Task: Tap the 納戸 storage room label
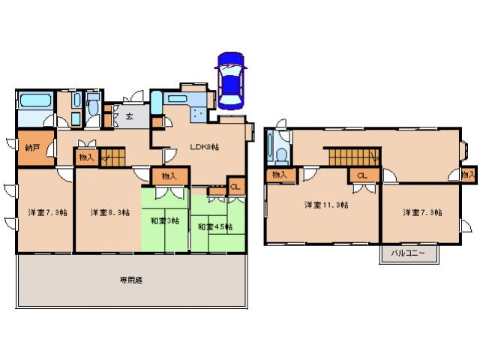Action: point(31,147)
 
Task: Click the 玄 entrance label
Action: point(129,115)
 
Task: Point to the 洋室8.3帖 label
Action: point(106,213)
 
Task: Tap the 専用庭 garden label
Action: point(130,280)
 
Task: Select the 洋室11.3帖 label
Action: point(321,205)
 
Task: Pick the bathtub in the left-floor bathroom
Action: point(34,101)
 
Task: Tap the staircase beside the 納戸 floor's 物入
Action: point(114,156)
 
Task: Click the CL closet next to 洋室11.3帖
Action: point(362,175)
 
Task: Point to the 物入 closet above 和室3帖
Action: point(169,176)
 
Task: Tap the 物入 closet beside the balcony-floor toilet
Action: point(280,175)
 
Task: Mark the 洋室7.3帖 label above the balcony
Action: point(421,213)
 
